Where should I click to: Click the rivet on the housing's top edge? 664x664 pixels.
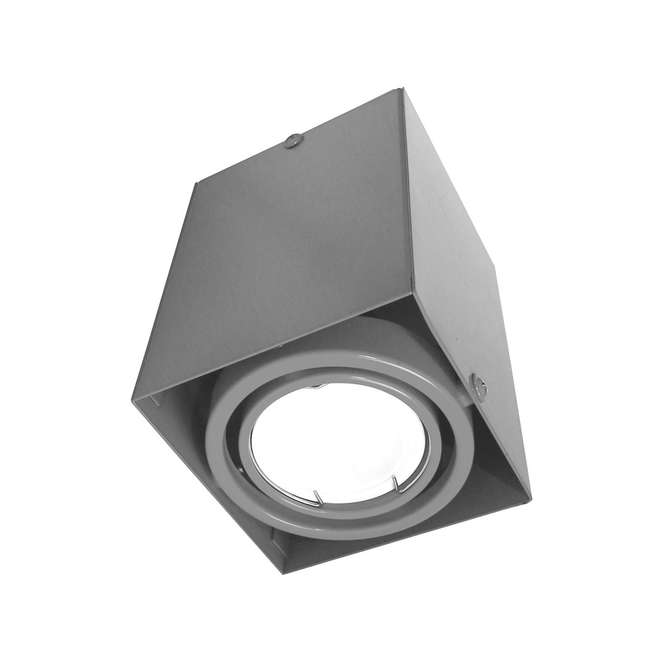point(293,141)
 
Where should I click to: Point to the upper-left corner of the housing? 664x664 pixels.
point(195,182)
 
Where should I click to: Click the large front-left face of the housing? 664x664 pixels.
point(277,258)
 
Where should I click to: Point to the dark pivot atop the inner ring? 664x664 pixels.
point(315,385)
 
